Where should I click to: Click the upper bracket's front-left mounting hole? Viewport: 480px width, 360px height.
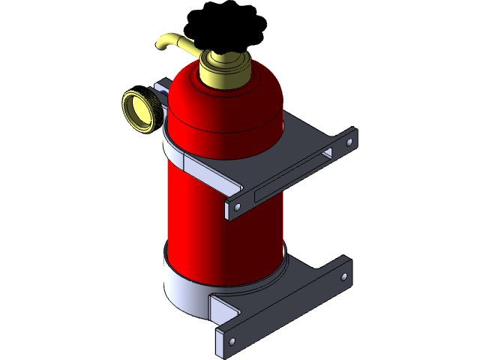(238, 205)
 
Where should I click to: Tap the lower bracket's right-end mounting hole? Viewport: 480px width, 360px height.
(344, 277)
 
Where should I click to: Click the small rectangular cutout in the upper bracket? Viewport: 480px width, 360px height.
(327, 154)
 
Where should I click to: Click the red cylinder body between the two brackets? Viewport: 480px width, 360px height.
(217, 217)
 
